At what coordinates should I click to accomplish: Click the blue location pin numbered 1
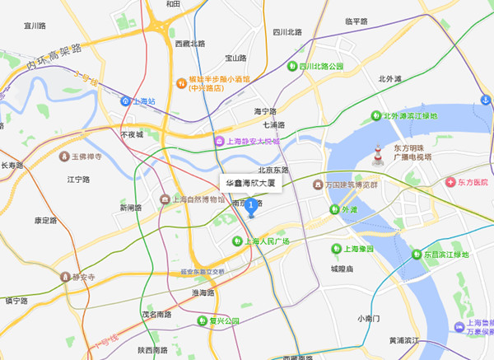point(251,206)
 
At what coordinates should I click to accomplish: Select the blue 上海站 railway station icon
point(126,101)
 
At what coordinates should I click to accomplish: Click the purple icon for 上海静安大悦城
point(218,142)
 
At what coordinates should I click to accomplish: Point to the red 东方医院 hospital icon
point(450,182)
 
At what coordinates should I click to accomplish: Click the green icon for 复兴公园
point(203,320)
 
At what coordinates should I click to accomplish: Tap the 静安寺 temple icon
point(65,278)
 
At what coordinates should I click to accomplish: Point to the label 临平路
point(357,21)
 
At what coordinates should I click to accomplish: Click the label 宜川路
point(34,26)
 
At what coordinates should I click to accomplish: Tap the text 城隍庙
point(342,269)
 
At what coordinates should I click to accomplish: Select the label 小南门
point(368,318)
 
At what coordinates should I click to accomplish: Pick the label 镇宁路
point(16,301)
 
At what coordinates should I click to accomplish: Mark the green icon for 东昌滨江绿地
point(415,255)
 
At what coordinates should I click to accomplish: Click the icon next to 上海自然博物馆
point(165,199)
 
